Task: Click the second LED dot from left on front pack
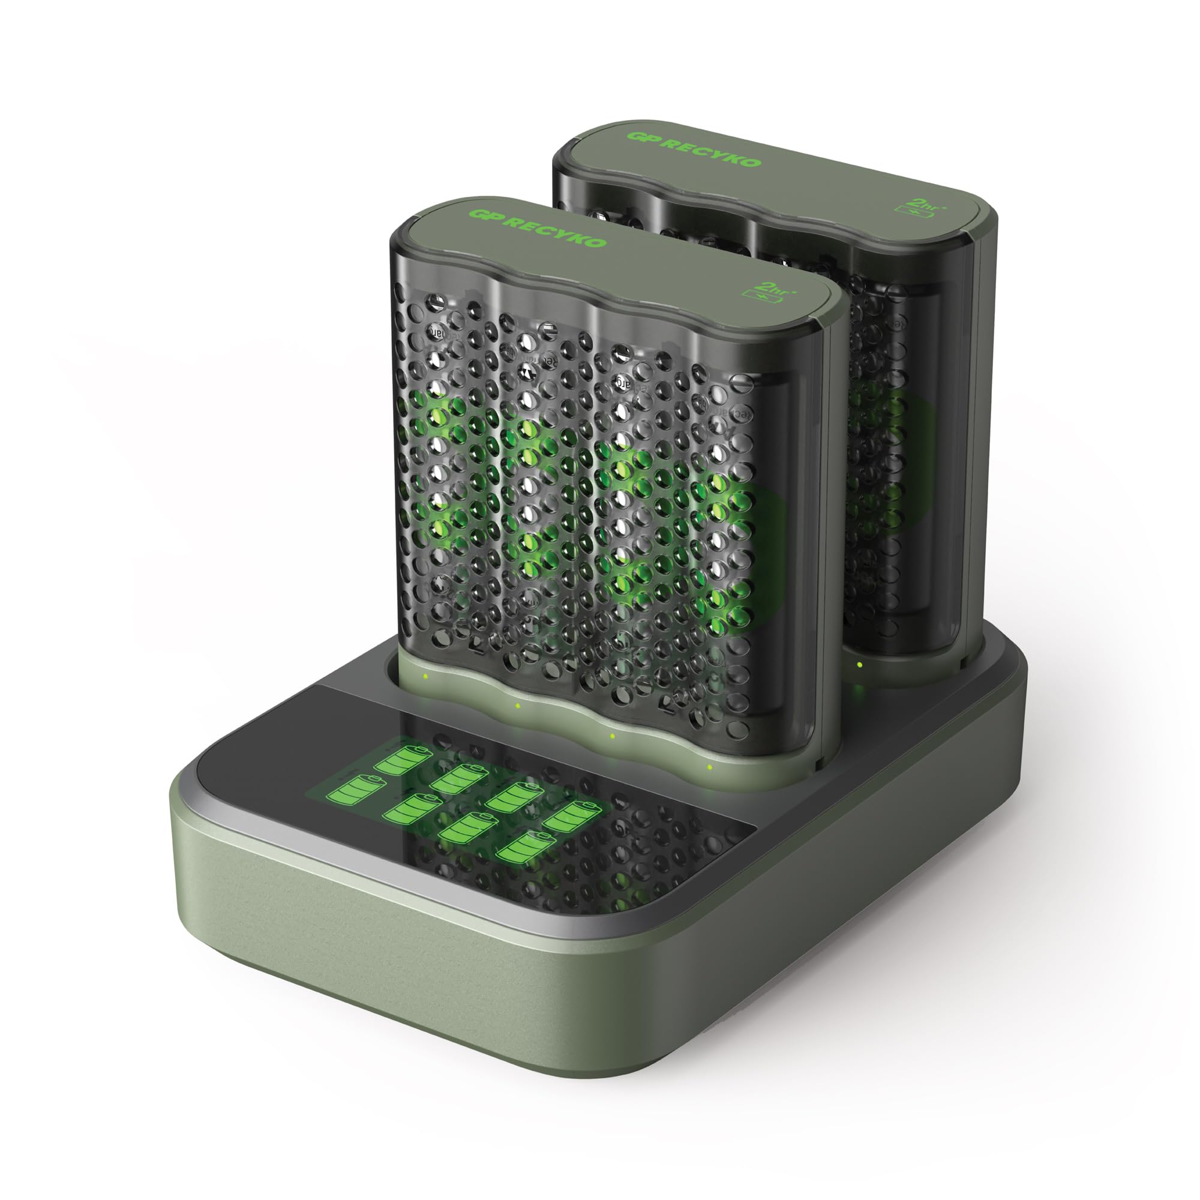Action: (517, 706)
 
